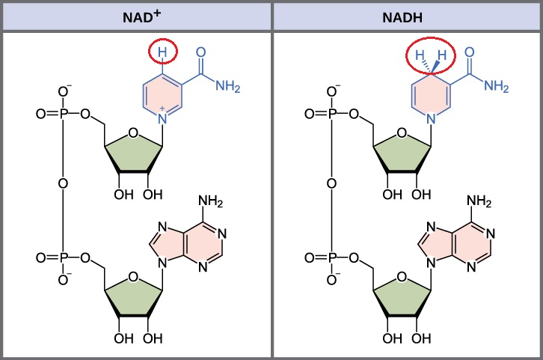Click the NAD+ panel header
[x=135, y=15]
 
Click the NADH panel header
[x=407, y=15]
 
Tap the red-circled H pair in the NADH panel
[x=432, y=55]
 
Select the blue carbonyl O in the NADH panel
[x=470, y=53]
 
